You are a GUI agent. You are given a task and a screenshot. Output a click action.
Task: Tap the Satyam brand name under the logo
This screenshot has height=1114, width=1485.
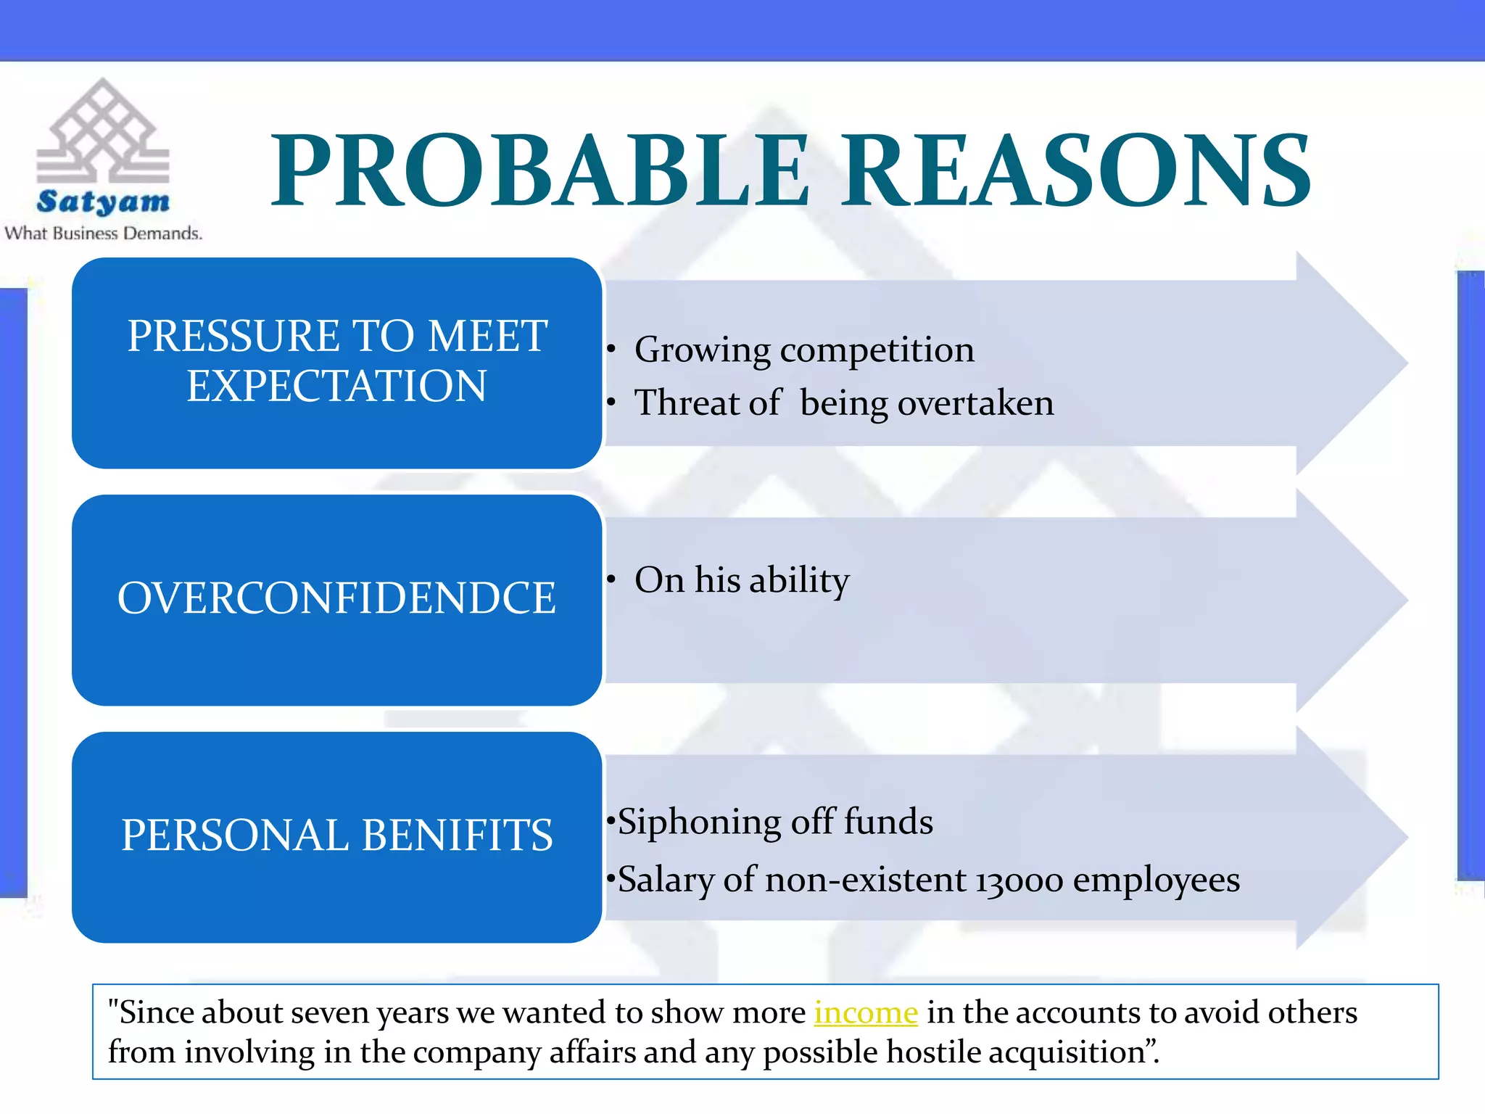[x=103, y=202]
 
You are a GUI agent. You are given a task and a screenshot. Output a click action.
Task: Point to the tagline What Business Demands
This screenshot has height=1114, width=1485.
[x=103, y=234]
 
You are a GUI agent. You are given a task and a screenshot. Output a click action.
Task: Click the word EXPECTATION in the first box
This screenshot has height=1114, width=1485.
[x=336, y=386]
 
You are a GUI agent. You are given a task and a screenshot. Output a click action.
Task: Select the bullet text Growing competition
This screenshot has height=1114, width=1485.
[x=803, y=350]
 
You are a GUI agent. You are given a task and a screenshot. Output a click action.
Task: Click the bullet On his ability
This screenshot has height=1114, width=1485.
[x=741, y=580]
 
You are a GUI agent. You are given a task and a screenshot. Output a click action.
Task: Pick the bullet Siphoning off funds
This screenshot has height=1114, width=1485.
[x=774, y=822]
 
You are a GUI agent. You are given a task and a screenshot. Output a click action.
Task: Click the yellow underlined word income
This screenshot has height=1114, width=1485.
[x=866, y=1012]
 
